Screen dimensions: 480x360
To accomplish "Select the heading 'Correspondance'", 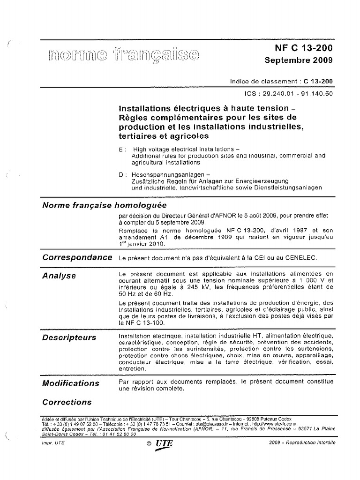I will (x=77, y=257).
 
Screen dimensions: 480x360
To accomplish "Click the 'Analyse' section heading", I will (x=59, y=276).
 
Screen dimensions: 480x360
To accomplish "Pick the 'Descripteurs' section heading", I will (x=69, y=337).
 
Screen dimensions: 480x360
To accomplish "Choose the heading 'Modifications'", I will (x=71, y=383).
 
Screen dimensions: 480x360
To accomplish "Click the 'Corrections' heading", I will (x=67, y=402).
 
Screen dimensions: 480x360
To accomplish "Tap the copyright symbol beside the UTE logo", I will (x=148, y=443).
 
